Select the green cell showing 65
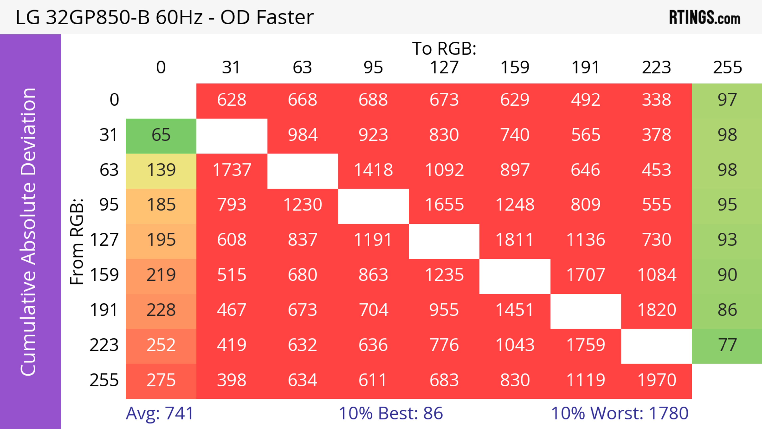click(161, 135)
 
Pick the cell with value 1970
click(656, 380)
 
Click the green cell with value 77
click(727, 345)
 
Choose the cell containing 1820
click(656, 310)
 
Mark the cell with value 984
click(303, 135)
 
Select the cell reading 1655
click(444, 205)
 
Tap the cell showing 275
click(161, 380)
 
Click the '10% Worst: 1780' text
click(620, 413)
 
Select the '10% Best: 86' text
click(391, 413)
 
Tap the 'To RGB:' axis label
click(444, 48)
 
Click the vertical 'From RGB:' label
click(77, 241)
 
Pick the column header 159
click(515, 67)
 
